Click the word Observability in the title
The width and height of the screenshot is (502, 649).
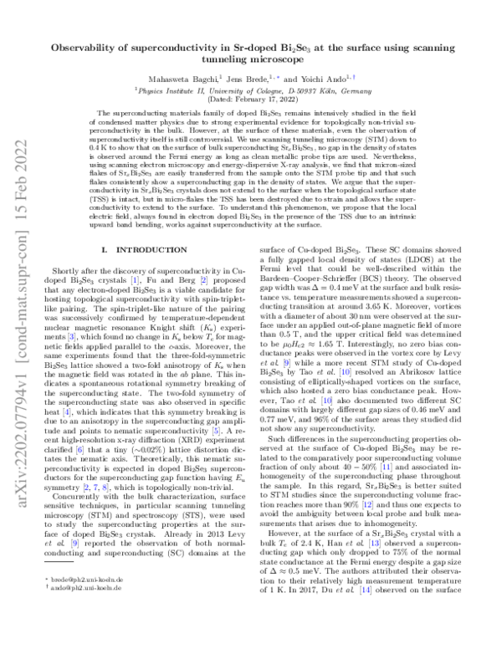point(90,49)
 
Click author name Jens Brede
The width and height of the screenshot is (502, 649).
point(265,84)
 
